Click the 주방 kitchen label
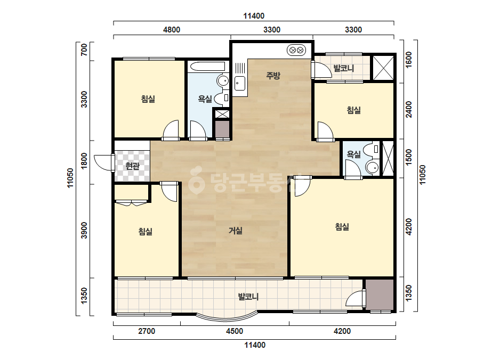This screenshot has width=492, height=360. (x=273, y=75)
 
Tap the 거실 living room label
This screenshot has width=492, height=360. (x=235, y=231)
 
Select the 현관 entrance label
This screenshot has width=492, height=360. (x=132, y=166)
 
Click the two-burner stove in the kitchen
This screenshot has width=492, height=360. (x=296, y=50)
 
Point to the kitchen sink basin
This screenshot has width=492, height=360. (x=240, y=83)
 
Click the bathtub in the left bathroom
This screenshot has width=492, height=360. (x=208, y=67)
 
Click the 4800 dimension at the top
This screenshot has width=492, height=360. (x=172, y=30)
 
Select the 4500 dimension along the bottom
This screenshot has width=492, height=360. (x=235, y=331)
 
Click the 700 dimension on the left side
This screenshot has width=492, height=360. (x=84, y=50)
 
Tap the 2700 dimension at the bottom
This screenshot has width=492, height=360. (x=147, y=331)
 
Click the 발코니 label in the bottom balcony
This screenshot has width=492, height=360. (x=248, y=296)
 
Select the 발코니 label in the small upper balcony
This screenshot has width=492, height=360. (x=344, y=68)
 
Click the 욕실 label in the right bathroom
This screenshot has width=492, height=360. (x=353, y=154)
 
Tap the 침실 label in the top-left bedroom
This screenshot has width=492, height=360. (x=148, y=99)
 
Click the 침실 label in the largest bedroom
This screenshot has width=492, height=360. (x=342, y=226)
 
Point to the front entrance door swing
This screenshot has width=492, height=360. (x=102, y=162)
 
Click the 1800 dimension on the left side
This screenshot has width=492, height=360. (x=84, y=161)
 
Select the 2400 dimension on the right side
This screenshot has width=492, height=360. (x=408, y=110)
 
